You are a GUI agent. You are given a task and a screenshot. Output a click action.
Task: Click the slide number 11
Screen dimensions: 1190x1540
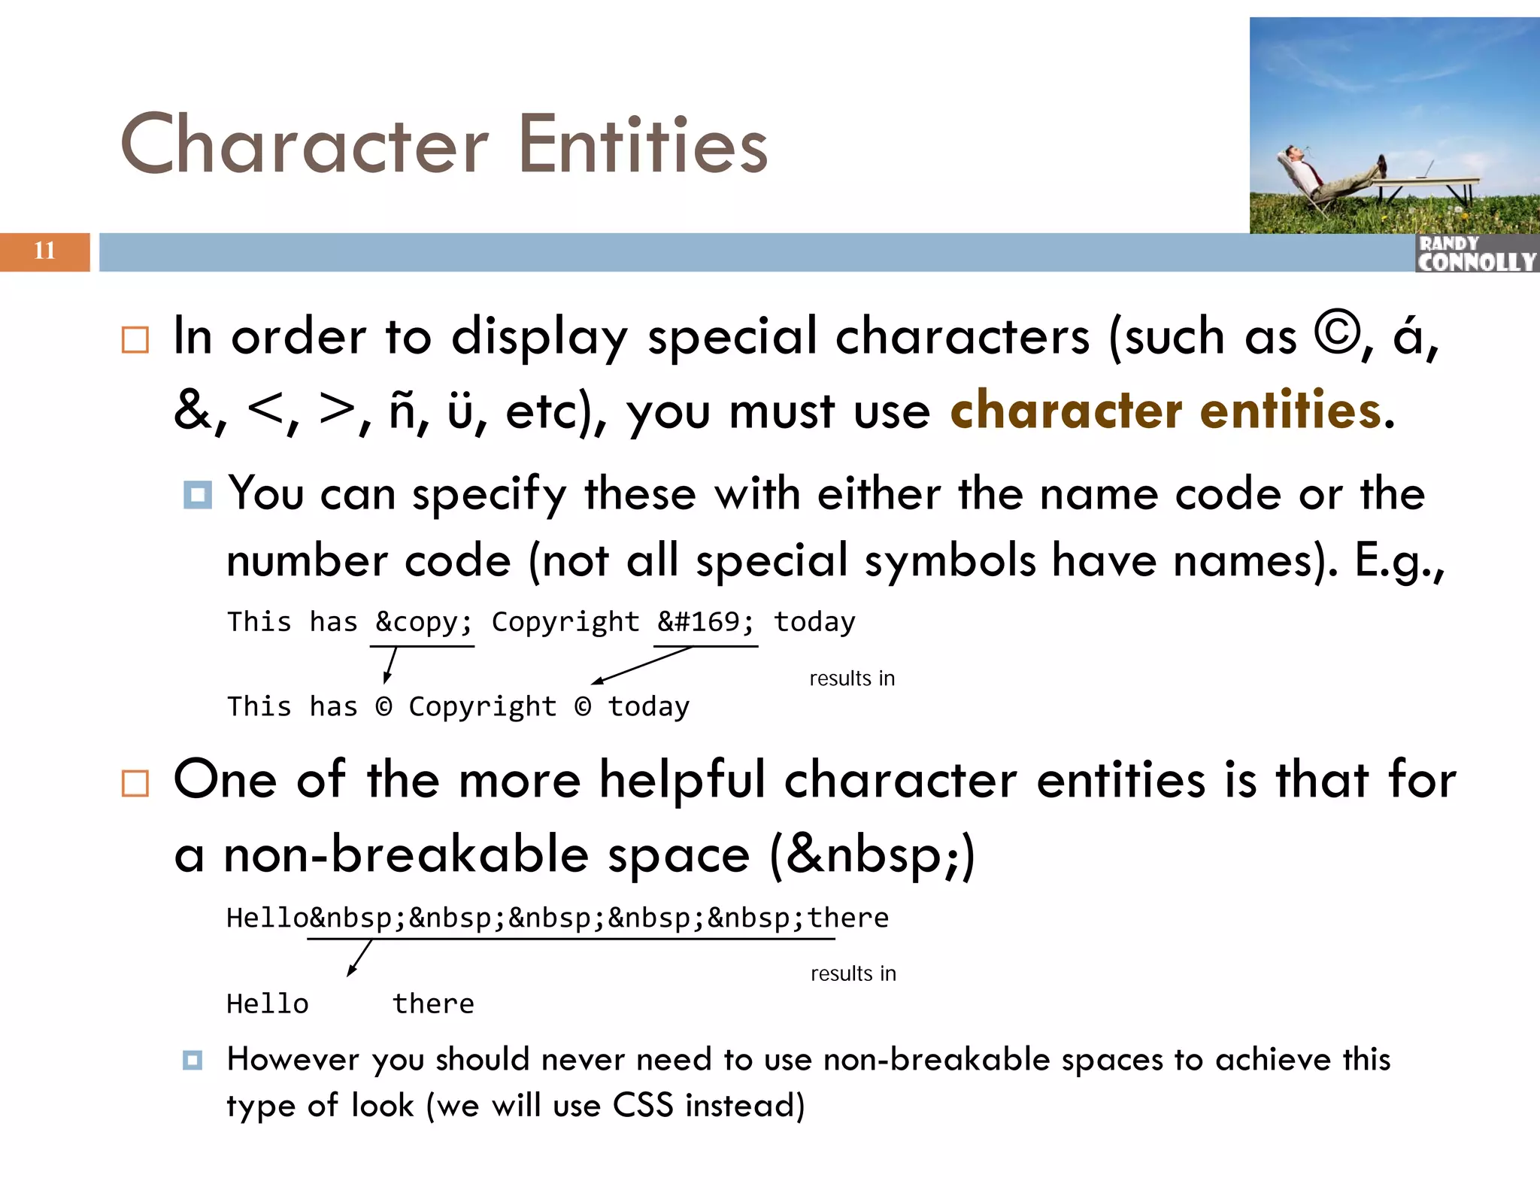pos(44,250)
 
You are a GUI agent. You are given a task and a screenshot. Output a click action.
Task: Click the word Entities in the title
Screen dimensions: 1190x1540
pos(643,144)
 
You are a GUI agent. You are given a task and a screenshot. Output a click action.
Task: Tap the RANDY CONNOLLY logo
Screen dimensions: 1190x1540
pos(1476,253)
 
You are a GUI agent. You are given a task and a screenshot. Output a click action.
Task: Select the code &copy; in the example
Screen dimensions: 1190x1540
pos(423,623)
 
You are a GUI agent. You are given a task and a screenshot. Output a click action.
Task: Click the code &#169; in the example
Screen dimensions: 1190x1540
pos(705,623)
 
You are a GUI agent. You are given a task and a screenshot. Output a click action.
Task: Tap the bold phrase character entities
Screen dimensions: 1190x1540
pos(1166,411)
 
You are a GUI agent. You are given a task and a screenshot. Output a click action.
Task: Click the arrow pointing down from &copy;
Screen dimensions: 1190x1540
pos(390,665)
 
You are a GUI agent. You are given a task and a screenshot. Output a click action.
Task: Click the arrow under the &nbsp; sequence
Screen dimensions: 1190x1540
pos(359,958)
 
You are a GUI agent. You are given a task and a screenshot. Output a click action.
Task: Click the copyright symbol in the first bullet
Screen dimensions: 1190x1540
pos(1336,334)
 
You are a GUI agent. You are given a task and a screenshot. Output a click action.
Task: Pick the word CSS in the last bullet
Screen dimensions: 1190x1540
pos(643,1106)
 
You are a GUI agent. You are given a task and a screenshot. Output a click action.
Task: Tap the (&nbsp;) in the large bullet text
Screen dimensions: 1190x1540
pos(872,856)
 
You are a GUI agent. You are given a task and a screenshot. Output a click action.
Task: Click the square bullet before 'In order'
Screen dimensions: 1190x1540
pos(135,340)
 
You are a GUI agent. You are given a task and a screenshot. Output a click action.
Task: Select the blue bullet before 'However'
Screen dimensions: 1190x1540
pos(192,1061)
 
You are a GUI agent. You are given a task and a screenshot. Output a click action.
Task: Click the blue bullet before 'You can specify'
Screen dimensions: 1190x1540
pos(198,495)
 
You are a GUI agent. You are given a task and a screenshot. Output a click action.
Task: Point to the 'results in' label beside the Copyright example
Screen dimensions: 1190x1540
pos(852,678)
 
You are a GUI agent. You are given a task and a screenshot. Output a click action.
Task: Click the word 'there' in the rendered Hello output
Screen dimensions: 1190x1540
pos(433,1004)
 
